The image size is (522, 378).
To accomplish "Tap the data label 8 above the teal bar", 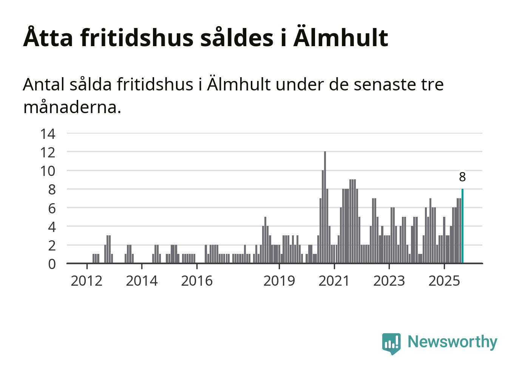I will click(462, 177).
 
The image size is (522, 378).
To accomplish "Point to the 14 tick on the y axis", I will click(48, 134).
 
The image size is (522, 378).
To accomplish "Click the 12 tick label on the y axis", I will click(48, 152).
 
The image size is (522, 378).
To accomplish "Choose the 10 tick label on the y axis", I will click(48, 171).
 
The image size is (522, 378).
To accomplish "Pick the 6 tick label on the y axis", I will click(52, 208).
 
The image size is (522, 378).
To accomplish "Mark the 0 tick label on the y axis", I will click(52, 264).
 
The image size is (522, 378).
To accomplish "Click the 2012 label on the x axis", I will click(86, 281).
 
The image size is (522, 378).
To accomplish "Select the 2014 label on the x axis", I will click(142, 281).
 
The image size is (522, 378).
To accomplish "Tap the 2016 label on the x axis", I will click(197, 281).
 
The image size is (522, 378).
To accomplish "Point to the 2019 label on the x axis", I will click(279, 281).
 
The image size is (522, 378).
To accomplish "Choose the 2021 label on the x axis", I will click(334, 281).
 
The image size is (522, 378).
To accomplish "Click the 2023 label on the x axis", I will click(389, 281).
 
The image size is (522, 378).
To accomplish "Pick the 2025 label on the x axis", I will click(444, 281).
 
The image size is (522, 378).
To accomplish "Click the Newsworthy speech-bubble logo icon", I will click(391, 343).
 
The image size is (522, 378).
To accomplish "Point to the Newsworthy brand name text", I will click(453, 342).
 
